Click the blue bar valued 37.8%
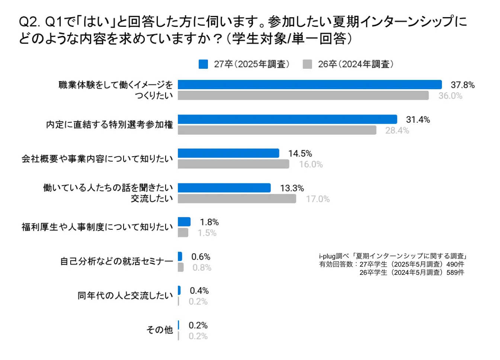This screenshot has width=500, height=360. point(310,85)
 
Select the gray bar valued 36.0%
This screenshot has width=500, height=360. point(303,96)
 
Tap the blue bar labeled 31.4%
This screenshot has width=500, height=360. point(287,119)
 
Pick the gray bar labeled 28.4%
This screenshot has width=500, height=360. point(277,130)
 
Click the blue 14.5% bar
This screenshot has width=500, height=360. point(228,153)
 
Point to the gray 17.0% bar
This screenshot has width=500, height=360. point(237,199)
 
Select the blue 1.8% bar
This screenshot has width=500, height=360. point(184,222)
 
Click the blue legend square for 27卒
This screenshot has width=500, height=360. point(203,64)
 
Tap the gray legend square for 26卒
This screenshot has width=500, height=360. point(307,64)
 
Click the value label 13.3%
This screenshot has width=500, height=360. point(292,188)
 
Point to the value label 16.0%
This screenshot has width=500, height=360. point(311,164)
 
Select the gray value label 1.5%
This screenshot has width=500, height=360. point(207,233)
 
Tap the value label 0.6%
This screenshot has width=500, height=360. point(201,257)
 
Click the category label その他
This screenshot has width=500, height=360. point(160,330)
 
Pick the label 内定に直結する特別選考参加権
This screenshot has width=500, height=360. point(109,125)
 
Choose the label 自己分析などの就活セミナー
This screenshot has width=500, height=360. point(116,261)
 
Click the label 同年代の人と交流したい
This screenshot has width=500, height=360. point(125,296)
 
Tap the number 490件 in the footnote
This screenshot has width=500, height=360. point(455,264)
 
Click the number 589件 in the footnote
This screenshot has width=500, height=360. point(455,273)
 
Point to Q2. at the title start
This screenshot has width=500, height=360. point(29,22)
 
